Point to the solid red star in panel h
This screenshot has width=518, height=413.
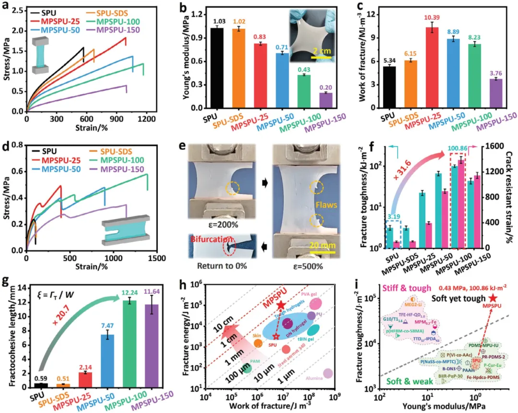point(281,305)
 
